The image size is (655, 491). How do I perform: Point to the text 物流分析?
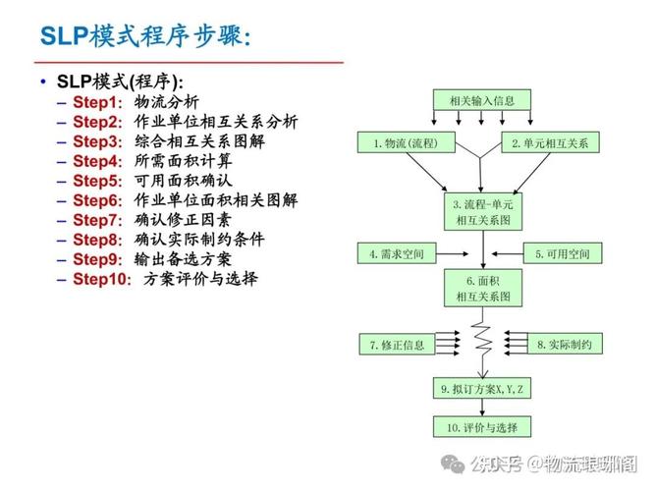point(166,102)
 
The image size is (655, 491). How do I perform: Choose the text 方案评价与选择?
point(200,279)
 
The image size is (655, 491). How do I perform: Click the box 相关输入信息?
point(482,99)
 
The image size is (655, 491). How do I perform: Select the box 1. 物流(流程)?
point(405,143)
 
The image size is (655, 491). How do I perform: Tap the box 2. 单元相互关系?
point(549,143)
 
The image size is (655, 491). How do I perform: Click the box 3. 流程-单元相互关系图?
point(482,212)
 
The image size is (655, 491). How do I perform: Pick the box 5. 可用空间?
point(563,254)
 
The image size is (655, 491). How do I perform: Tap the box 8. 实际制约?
point(563,345)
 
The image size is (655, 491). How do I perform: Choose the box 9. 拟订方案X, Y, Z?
point(482,390)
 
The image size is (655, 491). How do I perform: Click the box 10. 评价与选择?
point(482,428)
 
